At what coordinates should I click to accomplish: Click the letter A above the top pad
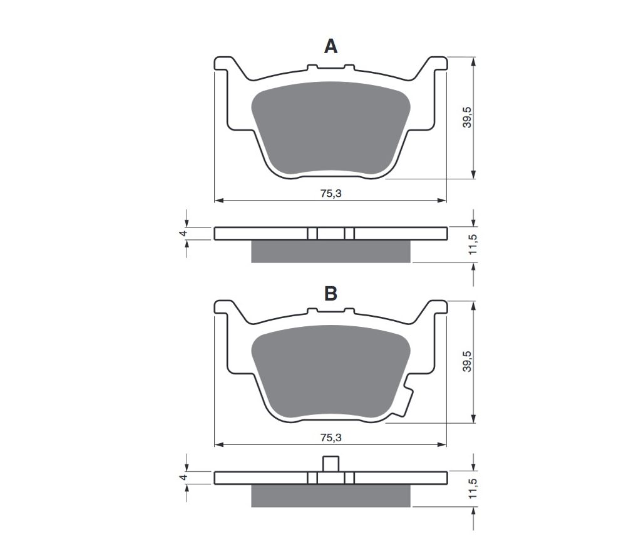tap(331, 46)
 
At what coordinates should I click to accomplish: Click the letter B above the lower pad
tap(331, 293)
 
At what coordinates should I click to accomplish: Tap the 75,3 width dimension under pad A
tap(331, 194)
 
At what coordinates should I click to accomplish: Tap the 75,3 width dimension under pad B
tap(331, 438)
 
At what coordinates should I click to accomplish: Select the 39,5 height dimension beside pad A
tap(467, 117)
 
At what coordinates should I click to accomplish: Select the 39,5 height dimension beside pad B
tap(467, 361)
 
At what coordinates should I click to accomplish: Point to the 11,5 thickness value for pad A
tap(473, 244)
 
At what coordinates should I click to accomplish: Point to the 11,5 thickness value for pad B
tap(473, 488)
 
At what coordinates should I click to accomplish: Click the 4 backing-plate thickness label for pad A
tap(184, 233)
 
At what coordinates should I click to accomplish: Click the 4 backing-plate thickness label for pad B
tap(184, 477)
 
